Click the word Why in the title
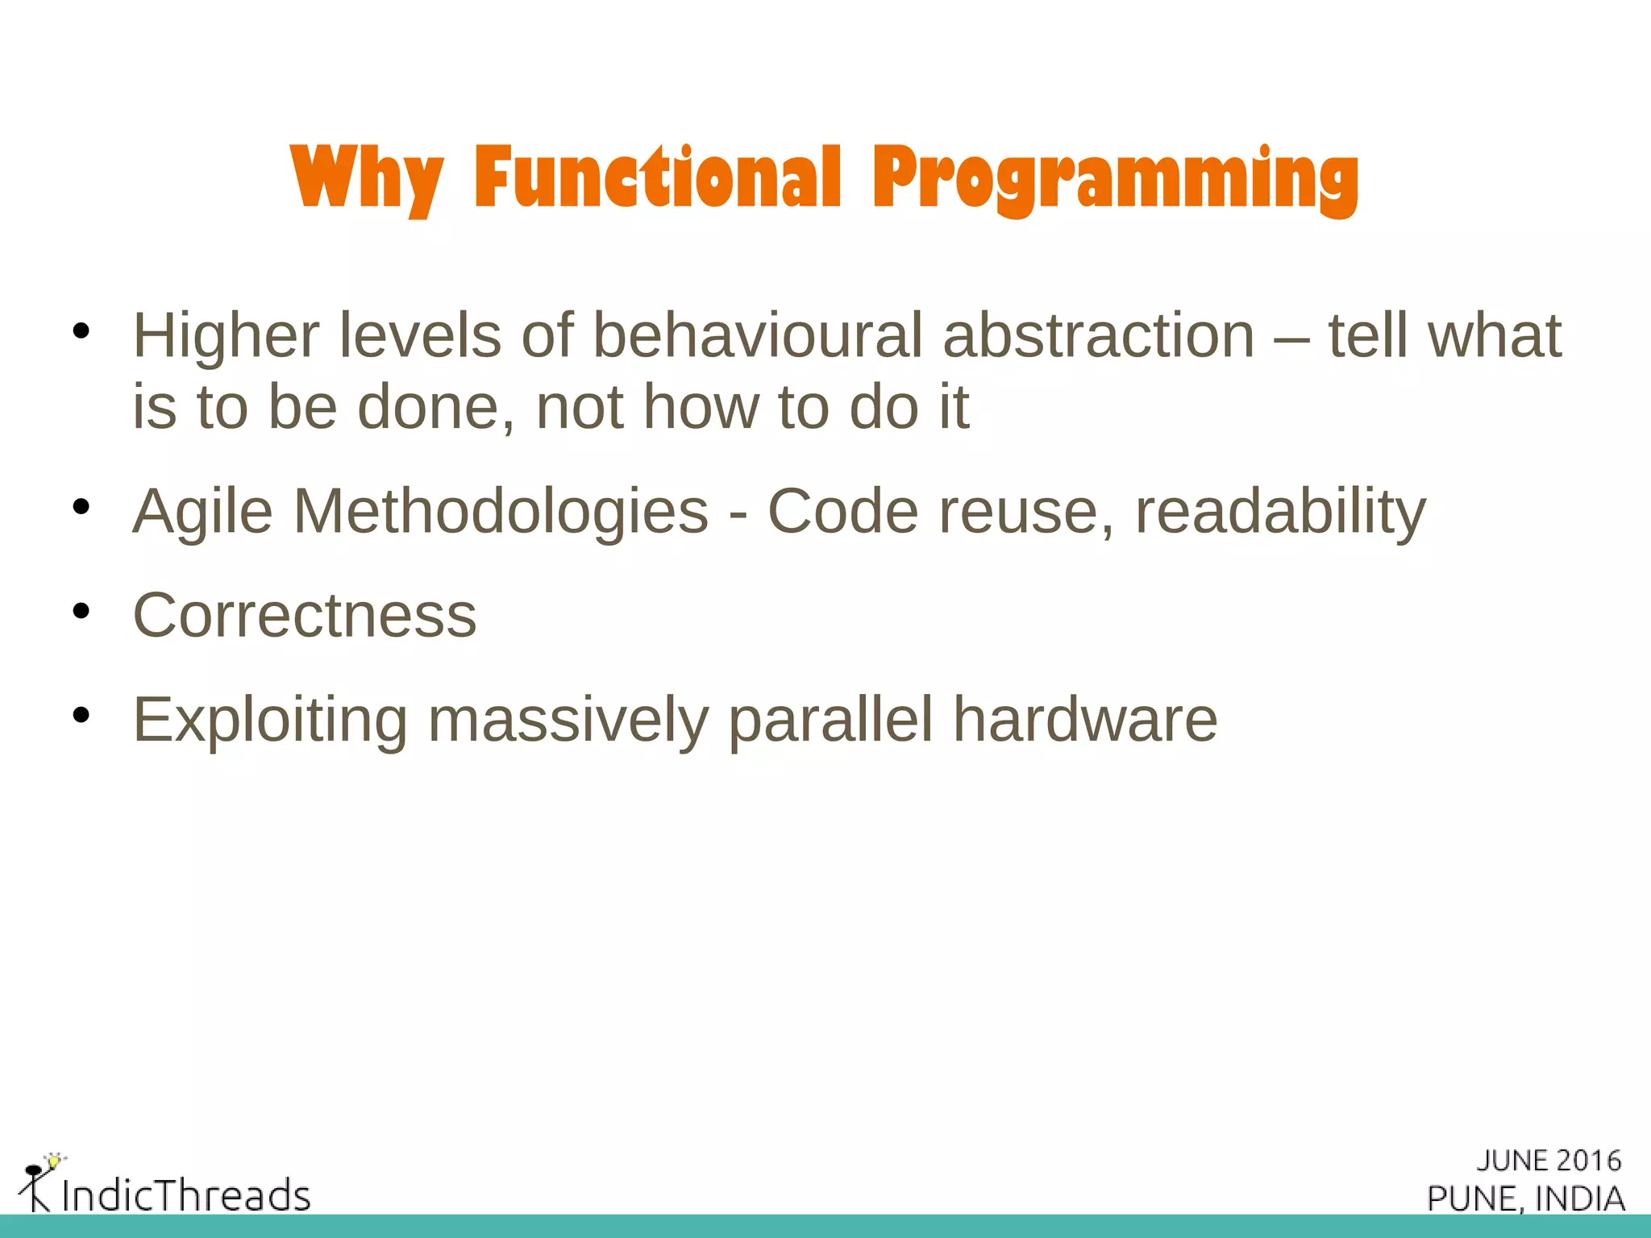(x=366, y=178)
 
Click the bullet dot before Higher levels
(x=80, y=331)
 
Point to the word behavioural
(x=757, y=335)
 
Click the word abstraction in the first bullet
(x=1098, y=335)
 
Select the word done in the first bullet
(x=435, y=407)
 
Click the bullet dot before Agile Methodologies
(x=80, y=507)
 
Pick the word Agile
(x=202, y=512)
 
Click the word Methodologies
(x=501, y=511)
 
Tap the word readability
(x=1280, y=512)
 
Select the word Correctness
(x=305, y=616)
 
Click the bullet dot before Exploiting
(x=80, y=715)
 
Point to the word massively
(x=568, y=720)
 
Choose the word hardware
(x=1085, y=719)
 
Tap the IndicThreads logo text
(x=186, y=1194)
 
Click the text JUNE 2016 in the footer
(x=1549, y=1161)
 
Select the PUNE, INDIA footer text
(x=1525, y=1199)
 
